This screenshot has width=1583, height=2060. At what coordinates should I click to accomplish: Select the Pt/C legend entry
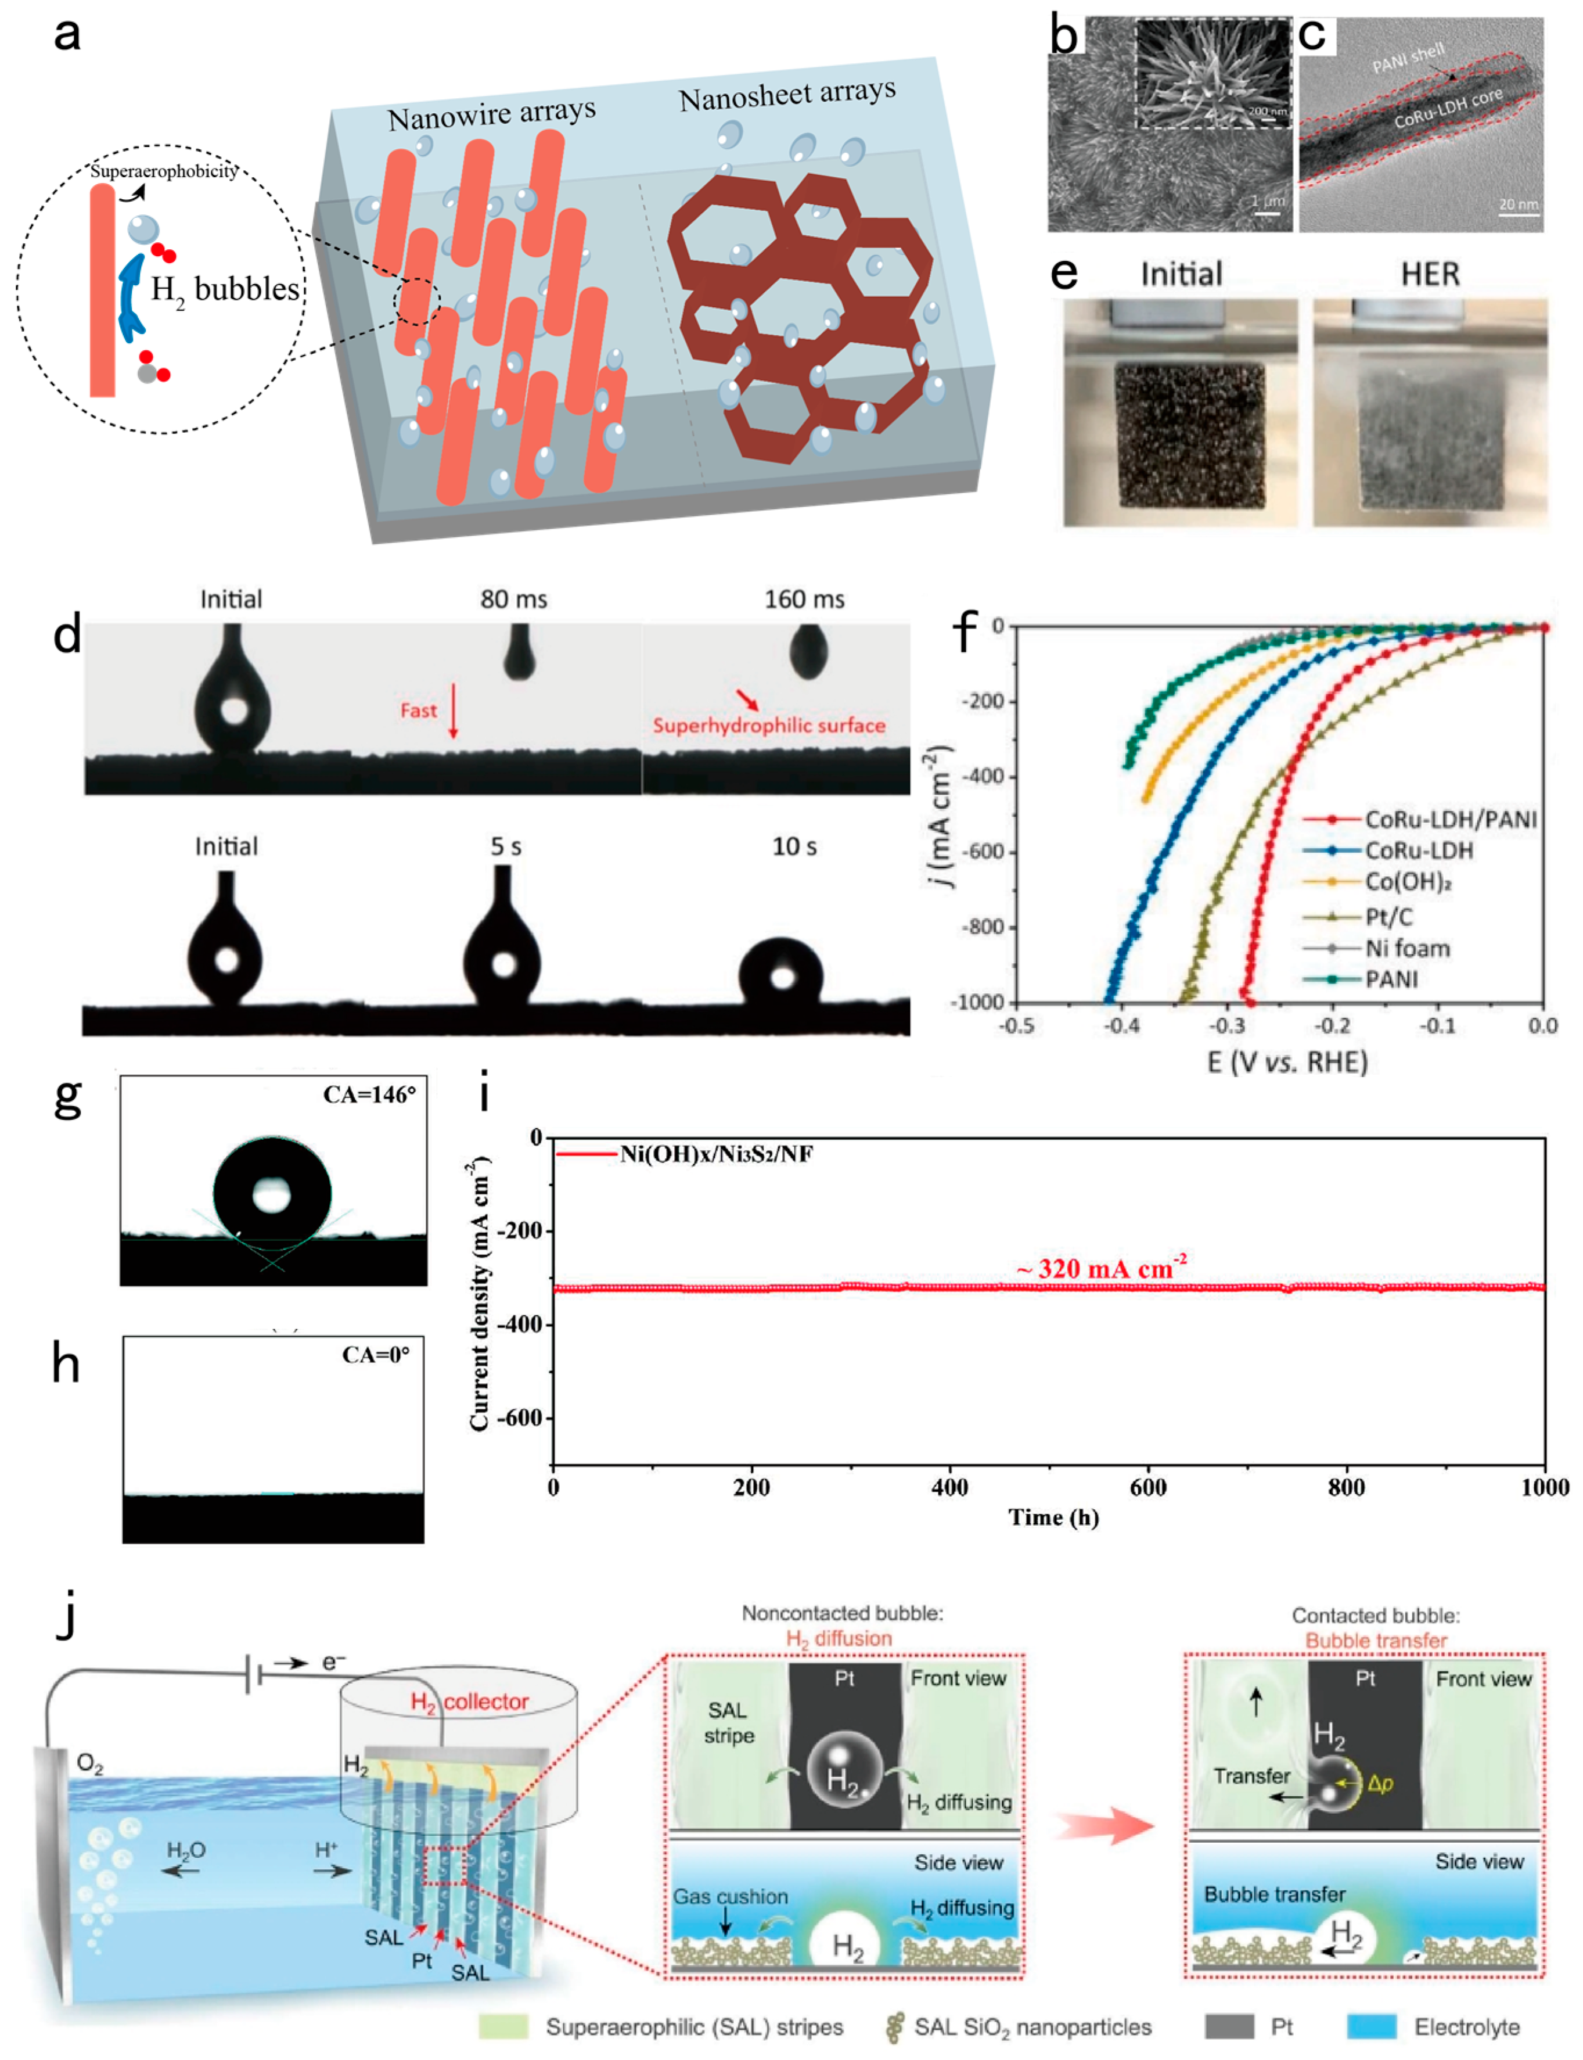[1389, 916]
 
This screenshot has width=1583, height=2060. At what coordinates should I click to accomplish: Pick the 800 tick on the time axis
[1345, 1487]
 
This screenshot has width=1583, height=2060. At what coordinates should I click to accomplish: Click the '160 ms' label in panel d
[804, 600]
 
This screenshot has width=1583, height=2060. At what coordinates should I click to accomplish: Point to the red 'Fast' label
[418, 709]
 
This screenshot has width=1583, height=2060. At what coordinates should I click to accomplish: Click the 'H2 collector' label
[469, 1701]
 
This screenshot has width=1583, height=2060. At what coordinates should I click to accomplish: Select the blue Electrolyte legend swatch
[1371, 2026]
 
